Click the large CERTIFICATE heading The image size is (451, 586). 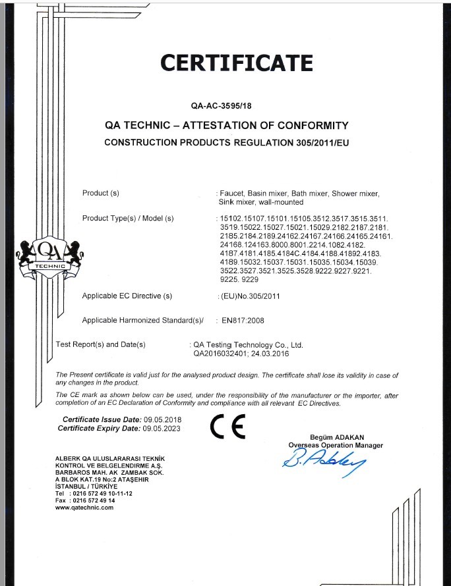click(237, 63)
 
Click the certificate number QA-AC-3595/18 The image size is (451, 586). click(225, 104)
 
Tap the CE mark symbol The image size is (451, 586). click(227, 427)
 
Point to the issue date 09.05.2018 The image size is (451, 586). click(162, 419)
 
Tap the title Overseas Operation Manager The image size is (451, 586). click(336, 446)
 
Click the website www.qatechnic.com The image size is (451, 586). click(84, 508)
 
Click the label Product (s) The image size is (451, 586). click(100, 193)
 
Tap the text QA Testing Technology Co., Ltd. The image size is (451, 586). click(248, 344)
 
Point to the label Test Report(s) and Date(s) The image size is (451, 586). click(101, 344)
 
